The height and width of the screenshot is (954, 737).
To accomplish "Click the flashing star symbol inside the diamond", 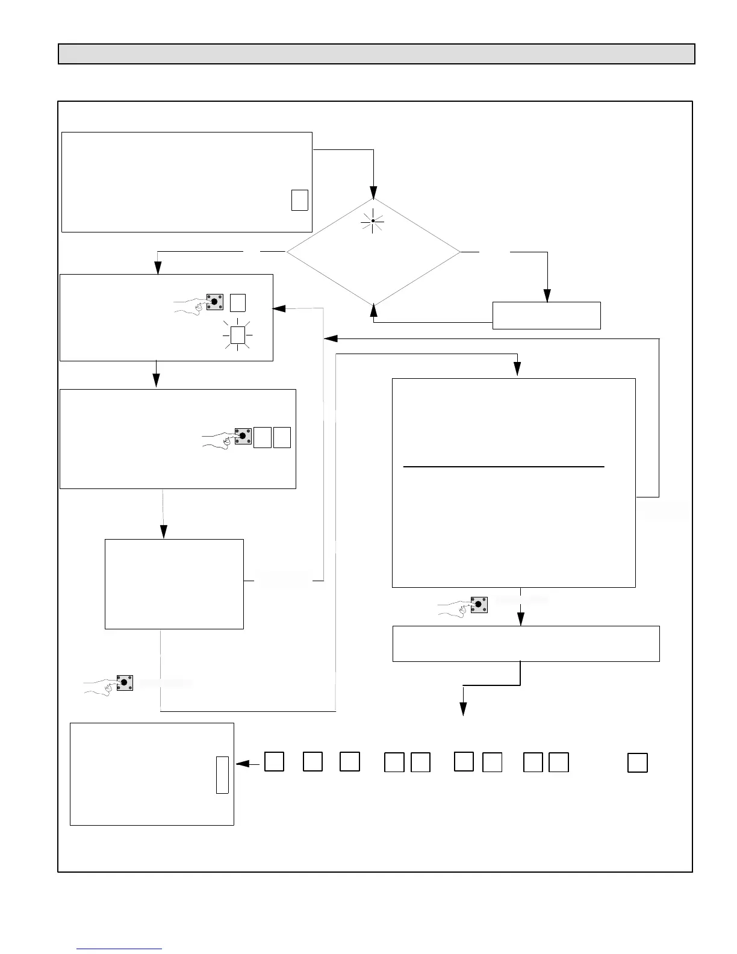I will [373, 221].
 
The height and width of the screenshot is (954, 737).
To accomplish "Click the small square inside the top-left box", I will [299, 200].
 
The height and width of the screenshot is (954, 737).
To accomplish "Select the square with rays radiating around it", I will [238, 335].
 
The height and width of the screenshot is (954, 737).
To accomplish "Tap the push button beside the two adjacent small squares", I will [243, 435].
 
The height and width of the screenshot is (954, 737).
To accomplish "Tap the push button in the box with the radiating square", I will [214, 302].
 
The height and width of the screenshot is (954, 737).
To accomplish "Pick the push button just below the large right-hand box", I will [479, 603].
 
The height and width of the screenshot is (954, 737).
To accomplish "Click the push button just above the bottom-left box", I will [124, 682].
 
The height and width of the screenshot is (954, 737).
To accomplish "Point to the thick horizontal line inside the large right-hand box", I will [503, 467].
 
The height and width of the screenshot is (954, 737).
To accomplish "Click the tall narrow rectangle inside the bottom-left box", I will [222, 775].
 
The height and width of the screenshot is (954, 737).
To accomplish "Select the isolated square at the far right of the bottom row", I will [637, 762].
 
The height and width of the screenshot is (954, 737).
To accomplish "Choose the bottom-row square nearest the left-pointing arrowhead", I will [274, 761].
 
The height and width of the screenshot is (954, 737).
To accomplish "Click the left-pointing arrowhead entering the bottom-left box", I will [242, 764].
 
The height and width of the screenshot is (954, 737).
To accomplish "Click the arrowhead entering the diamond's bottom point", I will [373, 310].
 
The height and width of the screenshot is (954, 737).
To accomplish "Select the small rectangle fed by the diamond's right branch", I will [546, 316].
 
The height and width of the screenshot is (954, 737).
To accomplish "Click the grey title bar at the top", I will [376, 54].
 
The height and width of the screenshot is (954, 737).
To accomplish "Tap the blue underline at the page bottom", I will [120, 949].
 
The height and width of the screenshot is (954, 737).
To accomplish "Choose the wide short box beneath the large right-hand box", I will [526, 644].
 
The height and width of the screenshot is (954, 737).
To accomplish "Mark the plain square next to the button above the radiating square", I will [238, 302].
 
